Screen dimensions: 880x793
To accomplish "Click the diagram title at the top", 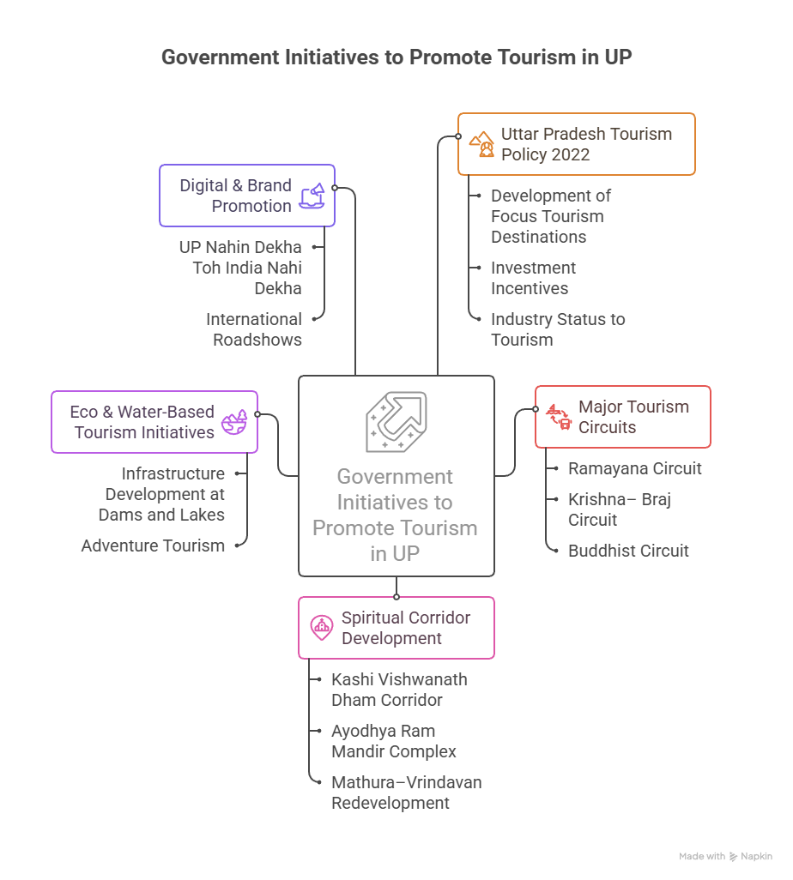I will tap(396, 57).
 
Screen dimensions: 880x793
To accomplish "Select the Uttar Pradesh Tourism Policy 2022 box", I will tap(576, 144).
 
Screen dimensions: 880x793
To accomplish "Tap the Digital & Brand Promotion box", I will tap(246, 196).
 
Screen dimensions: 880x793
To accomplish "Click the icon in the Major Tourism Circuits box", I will tap(559, 417).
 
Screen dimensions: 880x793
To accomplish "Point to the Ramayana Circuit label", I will tap(634, 468).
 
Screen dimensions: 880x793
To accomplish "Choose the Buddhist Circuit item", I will tap(628, 551).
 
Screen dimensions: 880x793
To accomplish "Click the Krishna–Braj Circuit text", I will tap(619, 509).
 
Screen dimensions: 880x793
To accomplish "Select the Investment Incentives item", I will tap(532, 278).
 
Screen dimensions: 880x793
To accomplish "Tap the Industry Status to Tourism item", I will tap(557, 329).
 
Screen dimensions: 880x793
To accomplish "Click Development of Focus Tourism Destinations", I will tap(550, 216).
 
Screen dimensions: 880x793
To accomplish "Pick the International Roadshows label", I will tap(254, 329).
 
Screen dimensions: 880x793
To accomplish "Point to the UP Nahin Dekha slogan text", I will tap(240, 268).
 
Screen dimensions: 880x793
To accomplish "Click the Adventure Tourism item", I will tap(153, 545).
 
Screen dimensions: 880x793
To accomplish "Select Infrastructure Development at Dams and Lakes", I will tap(163, 494).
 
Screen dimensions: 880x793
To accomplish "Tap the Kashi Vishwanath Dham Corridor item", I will tap(399, 690).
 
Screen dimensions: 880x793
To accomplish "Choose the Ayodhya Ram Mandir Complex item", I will tap(393, 741).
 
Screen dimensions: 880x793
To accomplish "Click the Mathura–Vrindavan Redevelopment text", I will tap(406, 793).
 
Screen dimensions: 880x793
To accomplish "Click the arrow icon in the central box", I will tap(396, 422).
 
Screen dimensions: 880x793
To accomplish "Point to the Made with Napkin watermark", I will tap(725, 856).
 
